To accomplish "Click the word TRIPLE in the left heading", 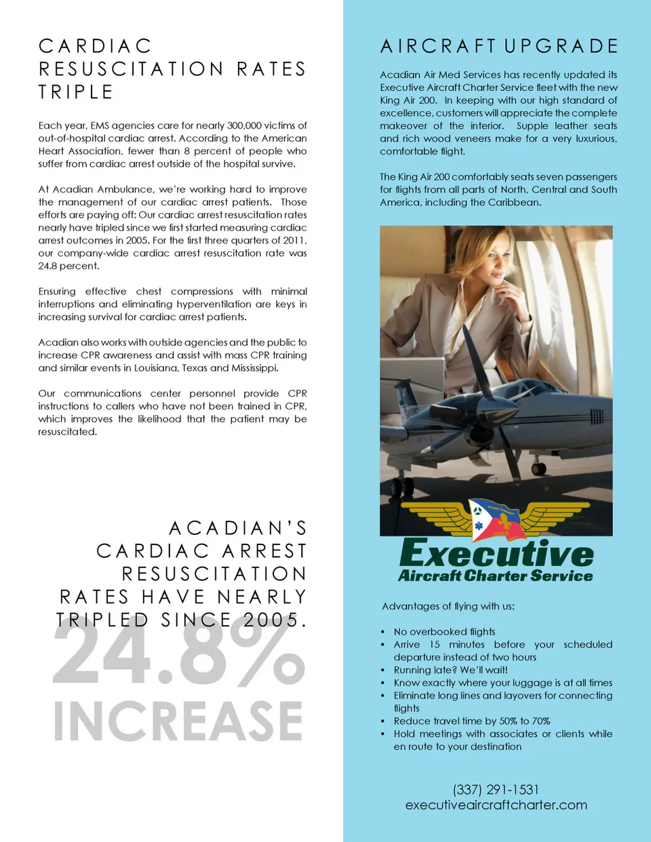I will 75,92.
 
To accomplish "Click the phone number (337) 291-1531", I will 496,789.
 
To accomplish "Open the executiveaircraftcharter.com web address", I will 496,805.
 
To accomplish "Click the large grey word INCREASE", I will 178,721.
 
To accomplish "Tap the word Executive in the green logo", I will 496,554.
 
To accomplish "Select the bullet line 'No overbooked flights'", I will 444,632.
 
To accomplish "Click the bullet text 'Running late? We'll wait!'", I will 450,670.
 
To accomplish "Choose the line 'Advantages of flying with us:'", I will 448,606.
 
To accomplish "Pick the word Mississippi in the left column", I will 254,368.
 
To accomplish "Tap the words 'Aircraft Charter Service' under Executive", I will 495,576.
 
